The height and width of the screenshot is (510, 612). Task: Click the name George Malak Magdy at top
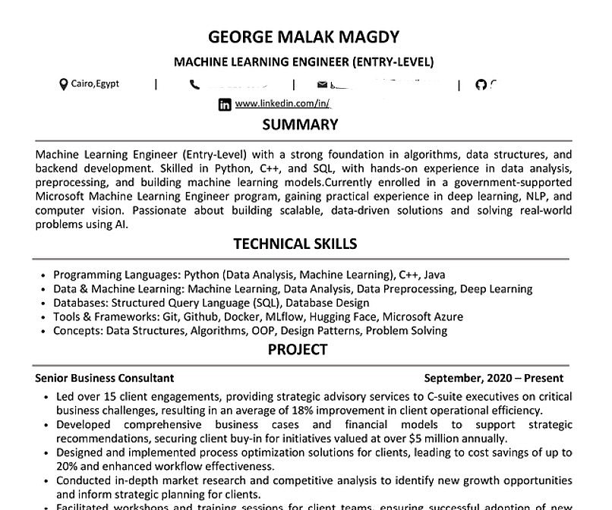[304, 36]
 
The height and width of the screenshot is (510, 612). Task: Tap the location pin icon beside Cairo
[64, 84]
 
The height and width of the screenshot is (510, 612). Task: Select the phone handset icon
[195, 84]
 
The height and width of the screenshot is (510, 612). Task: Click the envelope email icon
[323, 84]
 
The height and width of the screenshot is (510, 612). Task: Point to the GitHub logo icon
[480, 84]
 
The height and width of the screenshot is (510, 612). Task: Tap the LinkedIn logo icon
[225, 105]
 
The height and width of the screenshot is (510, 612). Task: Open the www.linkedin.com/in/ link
[282, 104]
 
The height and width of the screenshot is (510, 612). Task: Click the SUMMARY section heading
[300, 124]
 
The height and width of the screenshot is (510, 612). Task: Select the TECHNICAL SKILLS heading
[295, 244]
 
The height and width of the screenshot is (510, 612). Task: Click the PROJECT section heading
[298, 350]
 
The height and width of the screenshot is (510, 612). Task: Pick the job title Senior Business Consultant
[105, 378]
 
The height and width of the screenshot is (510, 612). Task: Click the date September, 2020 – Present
[494, 378]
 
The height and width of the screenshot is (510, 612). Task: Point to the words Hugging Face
[345, 316]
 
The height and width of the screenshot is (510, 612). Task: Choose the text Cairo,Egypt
[95, 84]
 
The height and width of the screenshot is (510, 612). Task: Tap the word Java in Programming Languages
[434, 275]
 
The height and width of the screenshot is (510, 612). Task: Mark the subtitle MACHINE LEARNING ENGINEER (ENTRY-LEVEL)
[304, 61]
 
